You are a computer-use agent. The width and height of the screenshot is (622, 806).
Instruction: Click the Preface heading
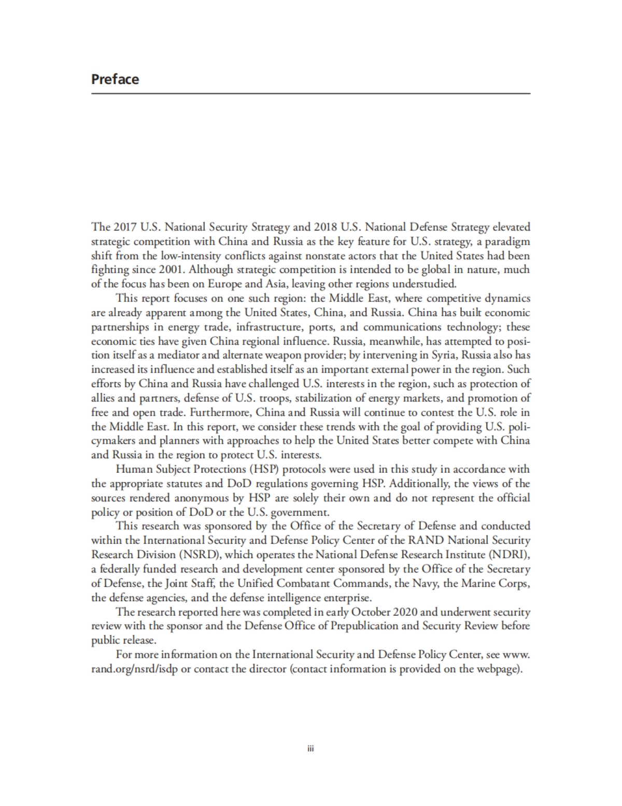pos(115,79)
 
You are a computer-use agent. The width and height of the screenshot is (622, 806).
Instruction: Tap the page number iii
pos(311,748)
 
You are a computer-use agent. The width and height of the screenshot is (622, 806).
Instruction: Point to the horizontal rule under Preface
pos(311,93)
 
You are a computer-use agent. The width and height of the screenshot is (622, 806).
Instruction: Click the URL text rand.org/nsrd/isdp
pos(135,669)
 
